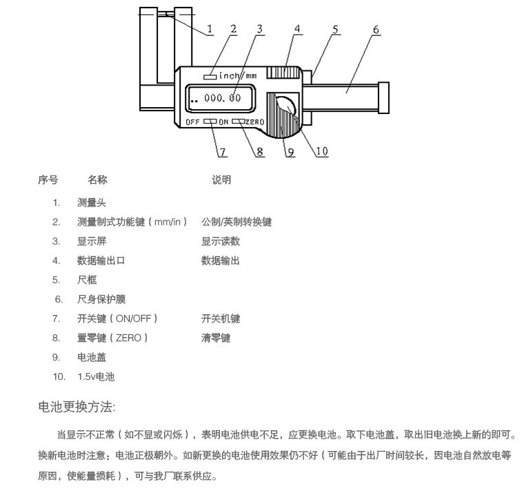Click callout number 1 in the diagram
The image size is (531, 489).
click(210, 29)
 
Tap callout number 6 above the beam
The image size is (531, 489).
click(376, 30)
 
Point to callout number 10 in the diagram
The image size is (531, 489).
click(322, 151)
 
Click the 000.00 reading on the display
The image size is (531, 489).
click(222, 98)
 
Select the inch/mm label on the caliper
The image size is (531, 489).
click(238, 75)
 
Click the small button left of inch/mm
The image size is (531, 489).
click(210, 77)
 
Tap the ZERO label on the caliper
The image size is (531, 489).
click(254, 122)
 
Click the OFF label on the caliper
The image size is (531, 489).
click(192, 122)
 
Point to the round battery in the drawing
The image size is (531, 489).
click(285, 106)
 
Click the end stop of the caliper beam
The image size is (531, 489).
click(383, 97)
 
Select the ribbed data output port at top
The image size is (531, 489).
click(283, 73)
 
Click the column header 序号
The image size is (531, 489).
click(48, 180)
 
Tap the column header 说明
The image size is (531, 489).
click(221, 180)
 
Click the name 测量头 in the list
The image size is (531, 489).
click(92, 203)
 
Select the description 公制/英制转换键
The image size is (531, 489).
click(237, 222)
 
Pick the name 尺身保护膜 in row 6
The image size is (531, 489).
click(101, 299)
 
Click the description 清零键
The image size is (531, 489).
click(216, 338)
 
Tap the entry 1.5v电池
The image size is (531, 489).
click(96, 376)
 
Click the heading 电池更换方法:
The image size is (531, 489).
click(77, 407)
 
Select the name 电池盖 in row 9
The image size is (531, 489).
click(92, 357)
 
